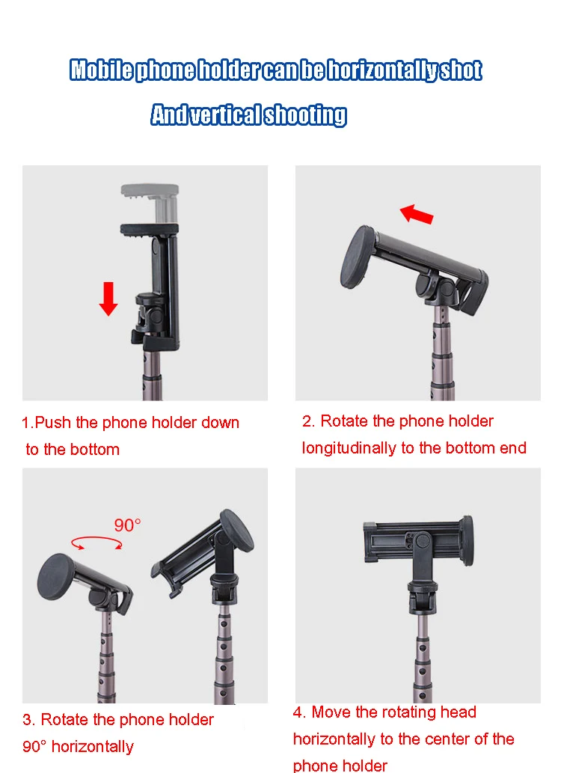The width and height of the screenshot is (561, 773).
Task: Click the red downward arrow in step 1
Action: coord(108,299)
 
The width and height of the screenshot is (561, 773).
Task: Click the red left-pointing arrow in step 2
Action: coord(417,215)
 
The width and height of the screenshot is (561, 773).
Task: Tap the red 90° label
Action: coord(128,525)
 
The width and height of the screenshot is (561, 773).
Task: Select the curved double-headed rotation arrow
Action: coord(96,543)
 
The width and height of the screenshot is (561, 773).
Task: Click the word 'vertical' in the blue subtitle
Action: coord(227,115)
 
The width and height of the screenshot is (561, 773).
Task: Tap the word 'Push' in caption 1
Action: coord(53,423)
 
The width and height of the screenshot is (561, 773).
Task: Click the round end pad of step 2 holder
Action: coord(357,257)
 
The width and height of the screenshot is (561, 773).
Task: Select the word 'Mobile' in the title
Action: coord(101,70)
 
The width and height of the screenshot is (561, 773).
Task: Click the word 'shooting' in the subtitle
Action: coord(306,115)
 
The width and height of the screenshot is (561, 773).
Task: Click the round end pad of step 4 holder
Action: coord(467,541)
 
